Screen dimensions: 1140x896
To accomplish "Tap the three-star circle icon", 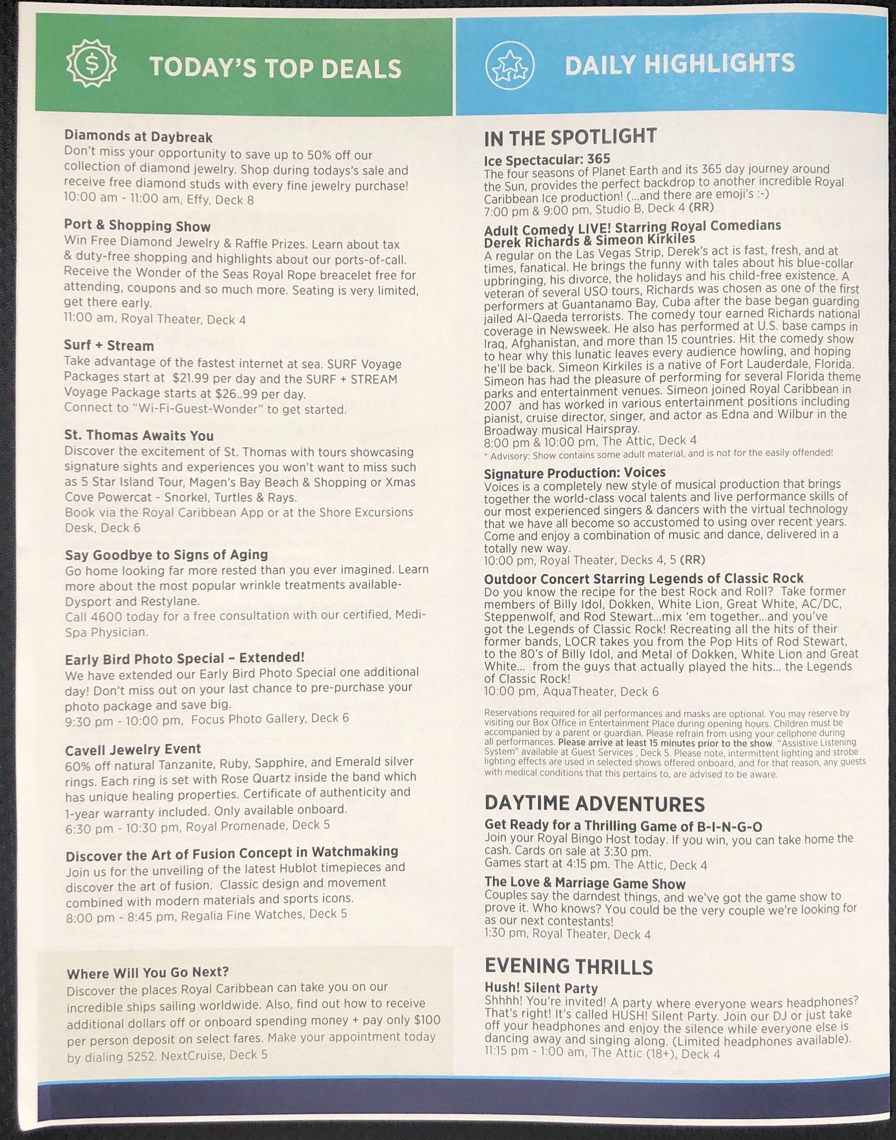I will [x=510, y=65].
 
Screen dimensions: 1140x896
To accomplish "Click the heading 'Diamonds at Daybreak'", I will [x=139, y=136].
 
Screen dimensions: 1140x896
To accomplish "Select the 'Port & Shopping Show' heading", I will [x=137, y=227].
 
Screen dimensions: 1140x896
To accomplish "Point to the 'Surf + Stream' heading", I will [x=109, y=346].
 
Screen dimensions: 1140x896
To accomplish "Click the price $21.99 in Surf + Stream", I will [x=191, y=379].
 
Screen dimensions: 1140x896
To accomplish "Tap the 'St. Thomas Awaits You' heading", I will [x=139, y=435].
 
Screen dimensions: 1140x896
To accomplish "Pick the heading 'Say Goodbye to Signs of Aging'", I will [x=166, y=555].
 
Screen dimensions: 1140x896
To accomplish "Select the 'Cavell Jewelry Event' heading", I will [x=133, y=749].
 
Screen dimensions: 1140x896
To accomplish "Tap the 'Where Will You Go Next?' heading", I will [x=147, y=973].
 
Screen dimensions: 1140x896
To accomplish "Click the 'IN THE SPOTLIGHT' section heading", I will [x=570, y=136].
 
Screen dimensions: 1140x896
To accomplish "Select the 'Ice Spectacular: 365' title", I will [x=547, y=160].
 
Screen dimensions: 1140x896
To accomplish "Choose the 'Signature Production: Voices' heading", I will [x=575, y=473].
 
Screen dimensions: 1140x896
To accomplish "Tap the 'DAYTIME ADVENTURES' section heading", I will [x=594, y=803].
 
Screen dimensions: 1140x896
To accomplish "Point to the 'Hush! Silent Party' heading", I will [x=541, y=988].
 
